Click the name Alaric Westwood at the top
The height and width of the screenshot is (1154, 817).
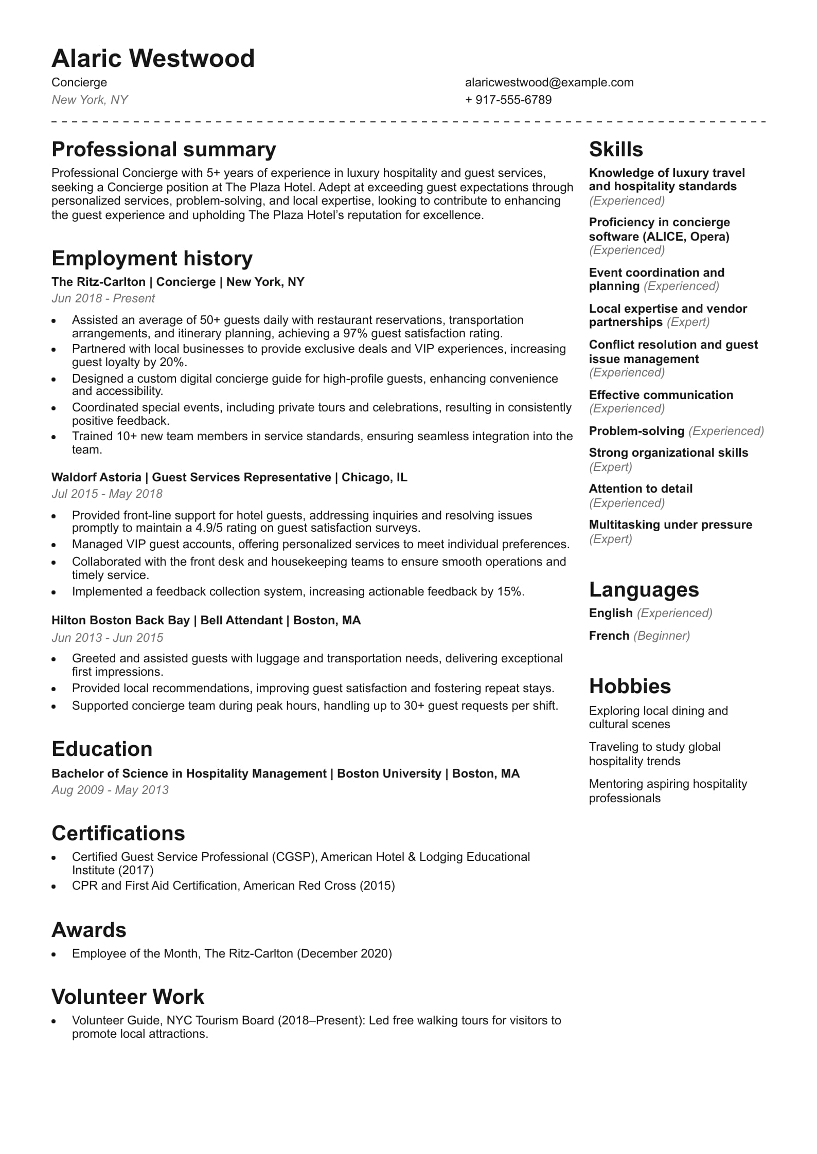[x=153, y=59]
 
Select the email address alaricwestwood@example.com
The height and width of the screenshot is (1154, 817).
[x=549, y=82]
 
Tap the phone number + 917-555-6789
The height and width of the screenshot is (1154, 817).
[x=508, y=100]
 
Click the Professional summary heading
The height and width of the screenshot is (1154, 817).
[x=164, y=150]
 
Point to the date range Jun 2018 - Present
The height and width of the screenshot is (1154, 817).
[x=103, y=298]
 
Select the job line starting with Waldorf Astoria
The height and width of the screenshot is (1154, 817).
[x=229, y=477]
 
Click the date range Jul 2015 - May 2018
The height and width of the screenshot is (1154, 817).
[x=106, y=494]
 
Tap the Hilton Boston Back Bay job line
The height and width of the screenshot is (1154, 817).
[x=206, y=620]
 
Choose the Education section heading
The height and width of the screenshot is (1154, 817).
[x=102, y=749]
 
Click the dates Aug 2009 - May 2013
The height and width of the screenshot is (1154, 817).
[x=110, y=790]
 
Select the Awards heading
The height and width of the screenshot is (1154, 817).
[x=88, y=930]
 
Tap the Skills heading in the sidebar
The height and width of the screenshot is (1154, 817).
[x=616, y=150]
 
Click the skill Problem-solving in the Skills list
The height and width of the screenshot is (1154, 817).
[x=636, y=431]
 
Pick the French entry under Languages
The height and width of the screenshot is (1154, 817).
[x=609, y=636]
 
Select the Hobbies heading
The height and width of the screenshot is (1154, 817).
[x=630, y=687]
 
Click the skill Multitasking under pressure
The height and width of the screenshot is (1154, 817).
[x=670, y=525]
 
